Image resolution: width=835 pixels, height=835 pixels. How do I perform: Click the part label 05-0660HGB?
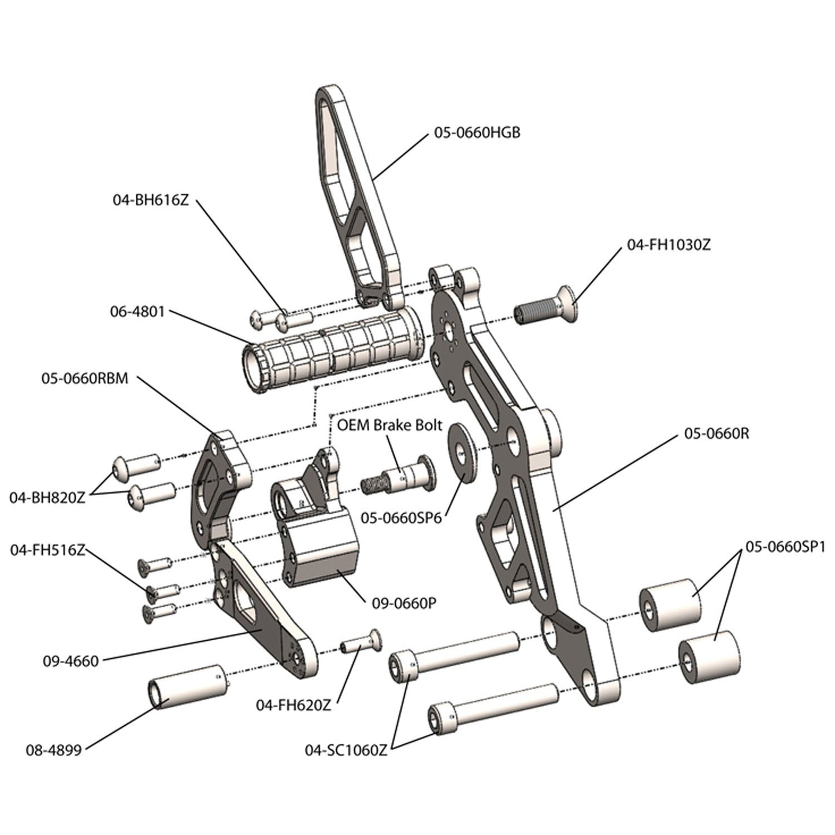tap(477, 133)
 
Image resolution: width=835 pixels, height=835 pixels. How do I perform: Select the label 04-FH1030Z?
tap(669, 245)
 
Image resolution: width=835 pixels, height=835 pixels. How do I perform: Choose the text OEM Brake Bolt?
tap(389, 425)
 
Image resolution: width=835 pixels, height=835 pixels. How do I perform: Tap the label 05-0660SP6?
tap(401, 518)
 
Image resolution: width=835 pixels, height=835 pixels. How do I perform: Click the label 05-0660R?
tap(717, 433)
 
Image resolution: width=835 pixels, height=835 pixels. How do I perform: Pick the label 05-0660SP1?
tap(785, 547)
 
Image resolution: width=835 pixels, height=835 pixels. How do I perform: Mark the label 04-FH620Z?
tap(294, 706)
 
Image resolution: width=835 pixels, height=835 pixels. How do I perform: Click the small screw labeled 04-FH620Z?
tap(361, 642)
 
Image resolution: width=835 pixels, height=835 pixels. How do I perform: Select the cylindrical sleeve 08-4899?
tap(186, 686)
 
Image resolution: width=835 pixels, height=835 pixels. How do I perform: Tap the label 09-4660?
tap(70, 661)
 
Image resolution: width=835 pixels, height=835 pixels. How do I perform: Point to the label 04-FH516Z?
tap(47, 550)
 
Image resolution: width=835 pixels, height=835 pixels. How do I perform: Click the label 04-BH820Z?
tap(47, 498)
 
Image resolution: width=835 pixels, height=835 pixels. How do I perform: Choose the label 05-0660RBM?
tap(84, 379)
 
